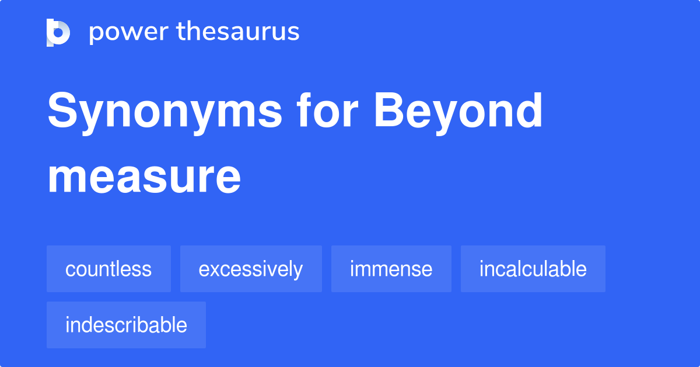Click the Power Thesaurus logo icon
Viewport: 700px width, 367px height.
(58, 32)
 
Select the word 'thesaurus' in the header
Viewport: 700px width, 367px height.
(238, 32)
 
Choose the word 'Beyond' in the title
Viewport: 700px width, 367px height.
(459, 112)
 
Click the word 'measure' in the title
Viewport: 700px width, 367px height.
(144, 178)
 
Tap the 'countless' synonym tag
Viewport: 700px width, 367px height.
(108, 269)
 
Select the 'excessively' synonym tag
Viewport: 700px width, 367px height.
(251, 269)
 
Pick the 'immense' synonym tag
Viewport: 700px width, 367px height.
(391, 269)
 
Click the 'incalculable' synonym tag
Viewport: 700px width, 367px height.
(533, 269)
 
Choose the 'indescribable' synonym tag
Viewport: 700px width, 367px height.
(126, 325)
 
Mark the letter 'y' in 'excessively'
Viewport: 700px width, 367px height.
(298, 271)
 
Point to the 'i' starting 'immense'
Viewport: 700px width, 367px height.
(352, 269)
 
